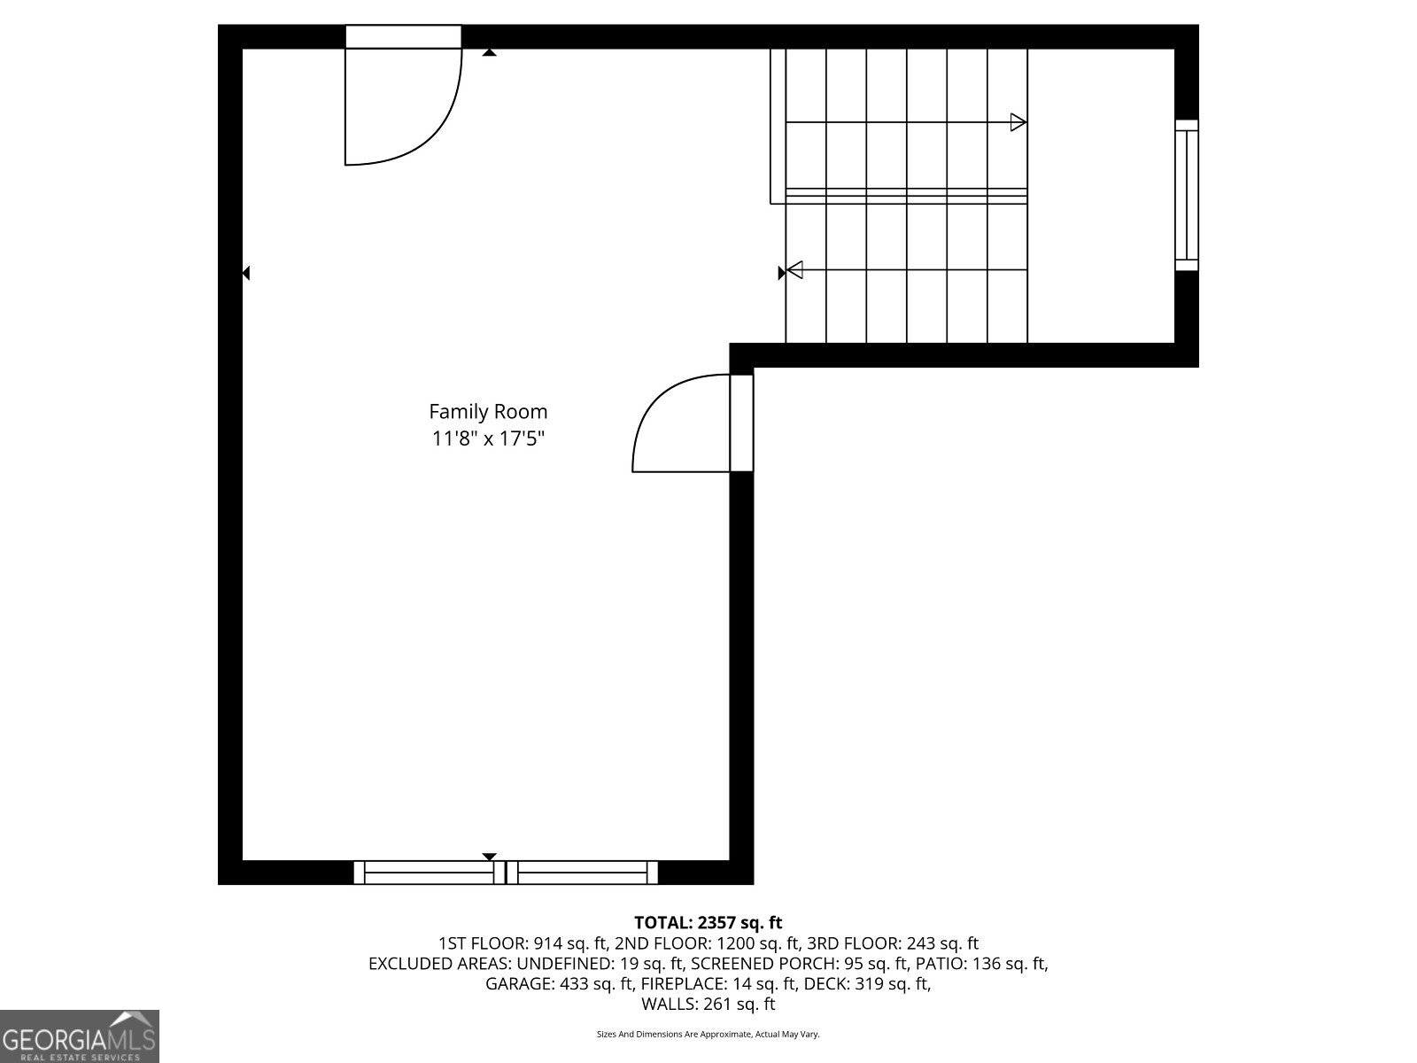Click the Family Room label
(x=488, y=411)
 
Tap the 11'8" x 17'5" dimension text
(x=488, y=438)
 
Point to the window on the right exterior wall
(x=1186, y=195)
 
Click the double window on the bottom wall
(x=506, y=873)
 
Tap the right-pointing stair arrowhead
(x=1018, y=122)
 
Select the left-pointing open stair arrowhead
(x=794, y=269)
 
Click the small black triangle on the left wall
(x=246, y=274)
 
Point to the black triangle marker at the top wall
(x=489, y=53)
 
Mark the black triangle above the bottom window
(x=489, y=857)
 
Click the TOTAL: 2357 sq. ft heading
(x=708, y=923)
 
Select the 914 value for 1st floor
(x=548, y=943)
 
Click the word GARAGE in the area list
(x=517, y=983)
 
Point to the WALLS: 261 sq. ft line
(x=708, y=1004)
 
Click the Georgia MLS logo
(x=80, y=1036)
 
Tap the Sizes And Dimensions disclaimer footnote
(x=708, y=1034)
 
